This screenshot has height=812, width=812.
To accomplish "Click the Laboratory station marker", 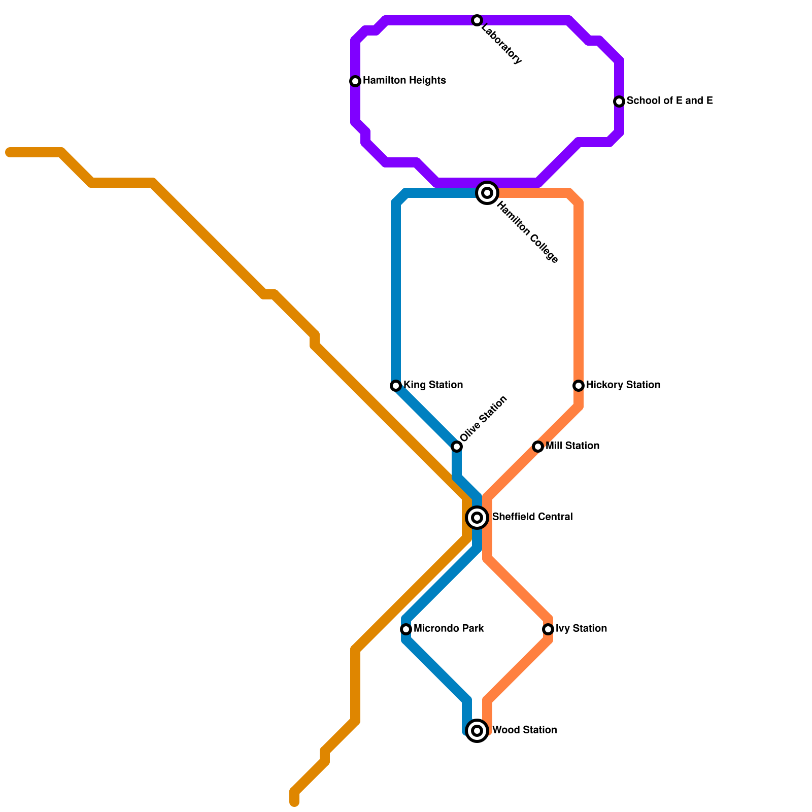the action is click(477, 20).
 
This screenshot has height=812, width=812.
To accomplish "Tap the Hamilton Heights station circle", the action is click(355, 81).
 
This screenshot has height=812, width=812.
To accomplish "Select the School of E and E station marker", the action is click(619, 101).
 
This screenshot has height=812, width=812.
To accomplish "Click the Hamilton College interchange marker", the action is click(487, 193).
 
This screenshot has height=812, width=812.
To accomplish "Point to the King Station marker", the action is click(396, 386).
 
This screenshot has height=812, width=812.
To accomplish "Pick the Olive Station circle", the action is click(457, 447).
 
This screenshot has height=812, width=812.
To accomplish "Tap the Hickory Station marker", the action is click(579, 386).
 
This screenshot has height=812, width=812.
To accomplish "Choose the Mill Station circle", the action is click(538, 447).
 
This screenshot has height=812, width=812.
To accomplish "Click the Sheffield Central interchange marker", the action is click(477, 518).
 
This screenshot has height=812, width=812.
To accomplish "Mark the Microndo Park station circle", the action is click(406, 629).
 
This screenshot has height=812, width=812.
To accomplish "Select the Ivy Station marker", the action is click(548, 629).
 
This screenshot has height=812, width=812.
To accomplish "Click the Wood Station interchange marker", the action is click(477, 731).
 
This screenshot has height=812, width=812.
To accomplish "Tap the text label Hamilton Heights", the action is click(404, 81).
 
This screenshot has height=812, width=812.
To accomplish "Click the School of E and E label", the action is click(669, 101).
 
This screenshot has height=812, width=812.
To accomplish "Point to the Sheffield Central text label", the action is click(532, 517).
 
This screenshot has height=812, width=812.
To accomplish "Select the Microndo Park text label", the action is click(449, 629).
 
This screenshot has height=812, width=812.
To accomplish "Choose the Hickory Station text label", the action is click(623, 385).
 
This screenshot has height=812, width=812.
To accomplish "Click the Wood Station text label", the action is click(525, 730).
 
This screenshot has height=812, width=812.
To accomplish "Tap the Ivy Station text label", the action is click(581, 629).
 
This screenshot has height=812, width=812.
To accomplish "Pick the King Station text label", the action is click(433, 385).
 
